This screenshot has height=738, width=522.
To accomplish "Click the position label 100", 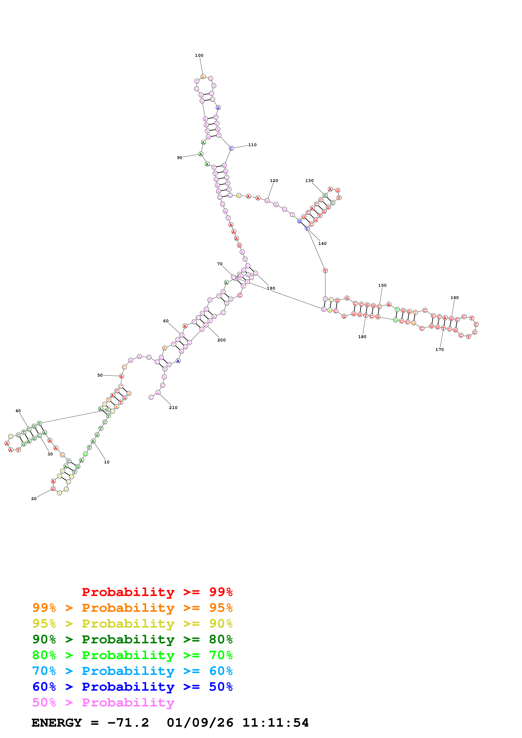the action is coord(199,56).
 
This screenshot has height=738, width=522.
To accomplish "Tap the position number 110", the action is coord(252,145).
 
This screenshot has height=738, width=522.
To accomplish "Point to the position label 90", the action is coord(179,158).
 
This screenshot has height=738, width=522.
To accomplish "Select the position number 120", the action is coord(274,181).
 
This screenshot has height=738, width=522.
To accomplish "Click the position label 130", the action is coord(309,181).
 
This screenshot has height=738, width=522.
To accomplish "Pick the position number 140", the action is coord(322,244).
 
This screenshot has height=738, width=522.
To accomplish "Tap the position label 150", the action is coord(382,285).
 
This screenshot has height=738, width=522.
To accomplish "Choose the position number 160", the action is coord(454,298).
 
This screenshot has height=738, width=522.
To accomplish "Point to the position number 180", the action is coord(362,337).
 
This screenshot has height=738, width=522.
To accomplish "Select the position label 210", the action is coord(173,407).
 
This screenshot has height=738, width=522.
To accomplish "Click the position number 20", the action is coord(34,499).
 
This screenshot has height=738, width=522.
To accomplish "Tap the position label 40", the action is coord(18,411).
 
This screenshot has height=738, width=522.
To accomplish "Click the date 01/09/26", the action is coord(200,723).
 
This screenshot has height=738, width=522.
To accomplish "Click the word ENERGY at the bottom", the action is coord(57,723).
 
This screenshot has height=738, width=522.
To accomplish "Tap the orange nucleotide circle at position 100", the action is coord(203,77).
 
